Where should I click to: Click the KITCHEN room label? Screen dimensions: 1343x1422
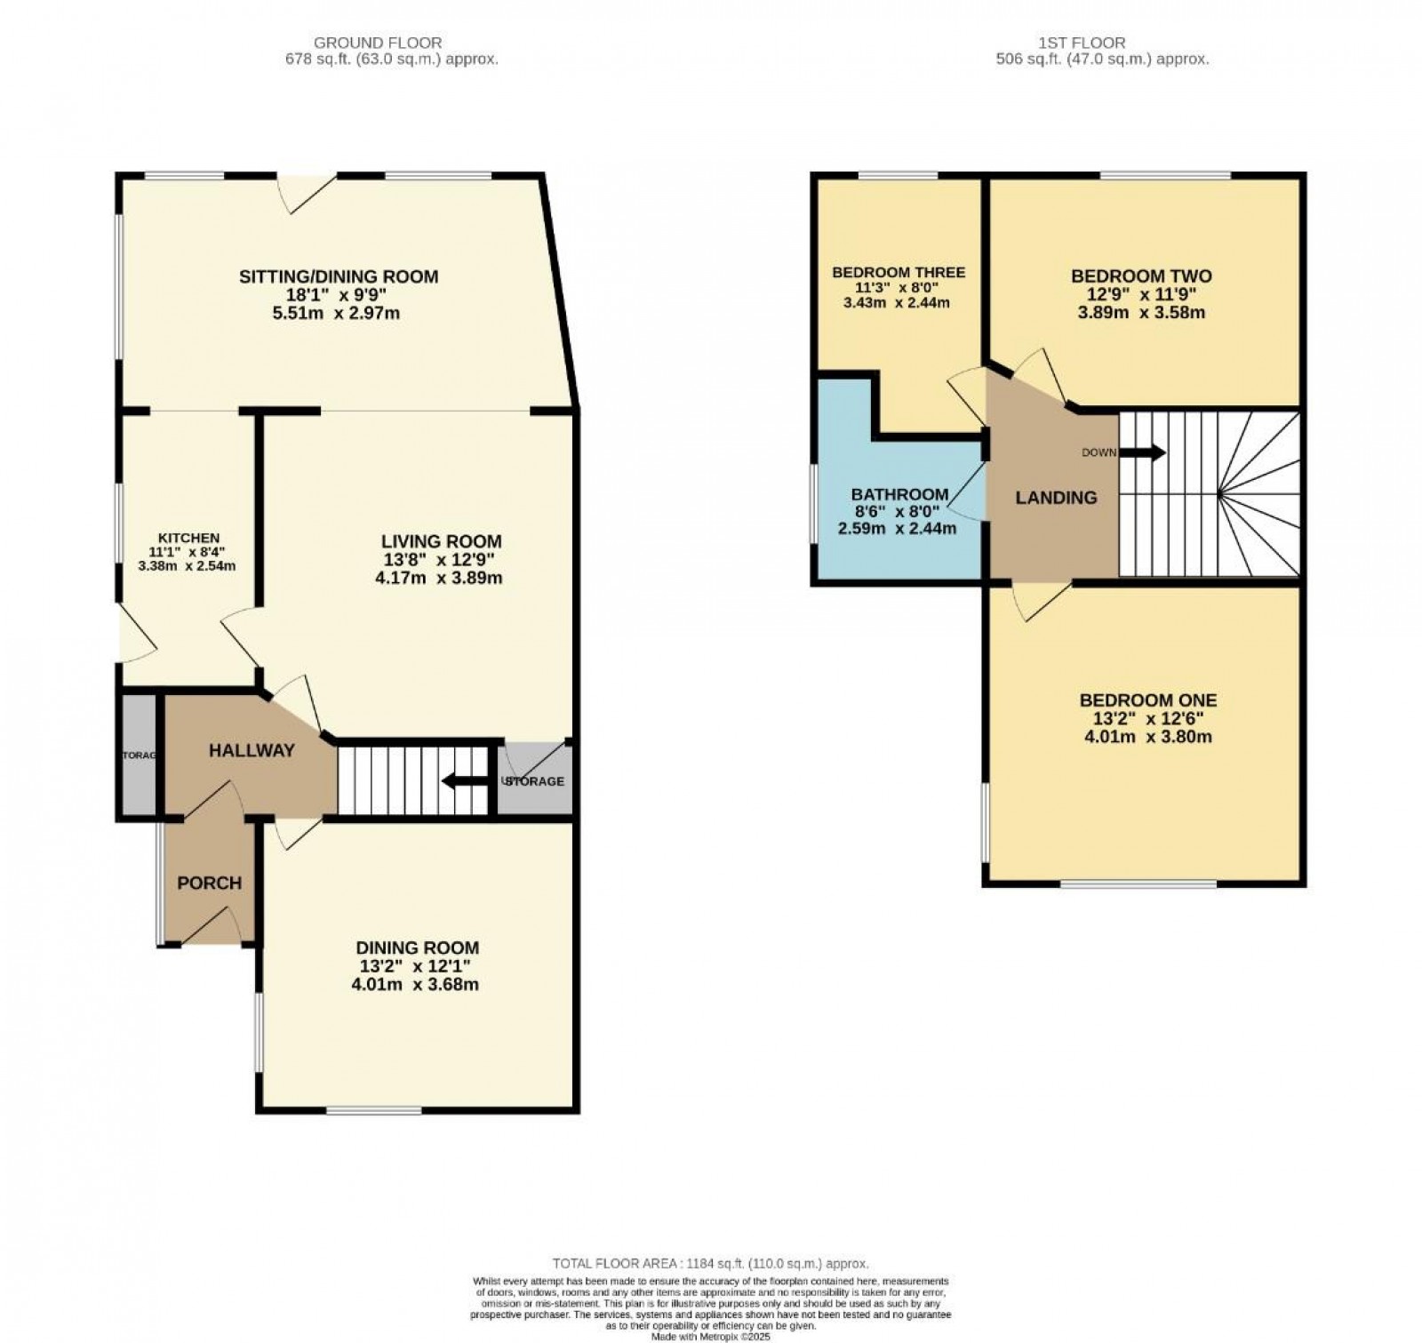[x=188, y=538]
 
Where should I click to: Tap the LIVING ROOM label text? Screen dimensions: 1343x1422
[x=441, y=541]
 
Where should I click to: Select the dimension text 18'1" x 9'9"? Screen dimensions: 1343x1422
[x=338, y=295]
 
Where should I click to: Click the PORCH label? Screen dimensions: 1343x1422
[x=209, y=883]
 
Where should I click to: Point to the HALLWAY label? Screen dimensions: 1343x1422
[x=252, y=751]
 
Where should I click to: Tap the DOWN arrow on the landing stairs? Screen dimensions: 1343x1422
[x=1142, y=453]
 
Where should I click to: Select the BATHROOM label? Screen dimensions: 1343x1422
[x=899, y=494]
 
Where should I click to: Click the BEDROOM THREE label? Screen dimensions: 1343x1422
[x=898, y=272]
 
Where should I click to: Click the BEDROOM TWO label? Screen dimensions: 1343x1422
[x=1141, y=276]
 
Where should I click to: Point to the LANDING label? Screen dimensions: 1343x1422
[x=1056, y=498]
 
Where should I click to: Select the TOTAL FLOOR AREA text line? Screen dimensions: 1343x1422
[x=710, y=1263]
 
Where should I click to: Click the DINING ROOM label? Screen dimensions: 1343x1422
[x=417, y=948]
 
